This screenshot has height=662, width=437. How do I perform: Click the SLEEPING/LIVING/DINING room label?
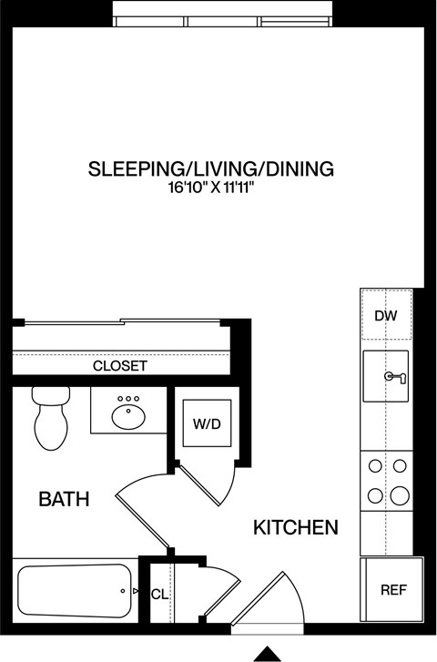[210, 168]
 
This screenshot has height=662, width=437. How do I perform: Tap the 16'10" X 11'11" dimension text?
[210, 189]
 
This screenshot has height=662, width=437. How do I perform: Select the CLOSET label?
[120, 366]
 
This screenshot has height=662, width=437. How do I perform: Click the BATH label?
[64, 499]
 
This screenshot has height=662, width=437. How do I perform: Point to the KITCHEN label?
[295, 527]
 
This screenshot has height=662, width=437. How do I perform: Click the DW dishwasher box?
[387, 315]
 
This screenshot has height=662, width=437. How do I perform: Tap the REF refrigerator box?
[392, 589]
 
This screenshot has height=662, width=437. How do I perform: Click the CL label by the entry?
[159, 594]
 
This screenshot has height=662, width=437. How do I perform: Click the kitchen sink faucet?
[393, 376]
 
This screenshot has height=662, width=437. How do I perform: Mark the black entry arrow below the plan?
[266, 652]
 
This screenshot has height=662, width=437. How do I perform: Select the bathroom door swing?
[144, 510]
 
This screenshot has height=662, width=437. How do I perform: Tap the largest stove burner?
[398, 495]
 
